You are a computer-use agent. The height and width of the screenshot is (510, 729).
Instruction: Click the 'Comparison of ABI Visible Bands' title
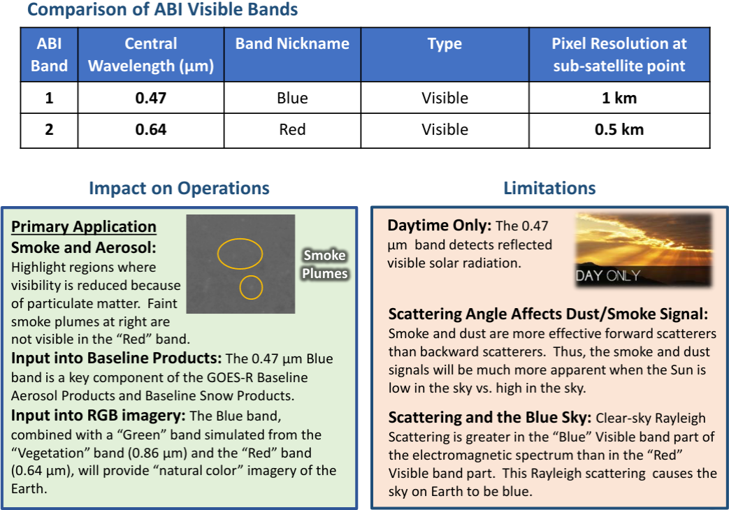pyautogui.click(x=162, y=10)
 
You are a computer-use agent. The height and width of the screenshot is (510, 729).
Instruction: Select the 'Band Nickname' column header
pyautogui.click(x=292, y=43)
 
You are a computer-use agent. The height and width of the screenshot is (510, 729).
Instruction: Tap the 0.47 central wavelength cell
pyautogui.click(x=150, y=98)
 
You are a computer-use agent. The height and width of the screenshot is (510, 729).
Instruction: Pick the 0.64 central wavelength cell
pyautogui.click(x=150, y=130)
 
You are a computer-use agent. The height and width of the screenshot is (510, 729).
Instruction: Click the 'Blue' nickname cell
pyautogui.click(x=292, y=98)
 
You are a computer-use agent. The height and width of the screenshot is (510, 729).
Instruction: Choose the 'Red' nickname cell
pyautogui.click(x=292, y=130)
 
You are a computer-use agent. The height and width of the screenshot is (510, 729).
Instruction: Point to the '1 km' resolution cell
pyautogui.click(x=619, y=98)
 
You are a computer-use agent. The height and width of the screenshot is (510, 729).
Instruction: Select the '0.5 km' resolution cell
pyautogui.click(x=619, y=130)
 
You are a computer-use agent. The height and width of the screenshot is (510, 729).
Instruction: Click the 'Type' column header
pyautogui.click(x=445, y=43)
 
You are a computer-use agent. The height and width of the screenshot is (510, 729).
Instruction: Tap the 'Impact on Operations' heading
pyautogui.click(x=179, y=188)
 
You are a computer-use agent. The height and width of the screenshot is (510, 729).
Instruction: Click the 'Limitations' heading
pyautogui.click(x=549, y=188)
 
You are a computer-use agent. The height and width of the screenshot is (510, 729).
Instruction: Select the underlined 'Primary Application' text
pyautogui.click(x=84, y=226)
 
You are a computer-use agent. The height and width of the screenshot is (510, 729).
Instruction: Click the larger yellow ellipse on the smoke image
pyautogui.click(x=240, y=253)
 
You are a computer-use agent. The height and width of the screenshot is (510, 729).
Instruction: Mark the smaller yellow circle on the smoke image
pyautogui.click(x=250, y=287)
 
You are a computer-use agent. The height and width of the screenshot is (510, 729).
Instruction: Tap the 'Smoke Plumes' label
pyautogui.click(x=324, y=264)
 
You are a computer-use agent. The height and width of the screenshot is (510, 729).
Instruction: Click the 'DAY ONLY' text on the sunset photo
pyautogui.click(x=607, y=275)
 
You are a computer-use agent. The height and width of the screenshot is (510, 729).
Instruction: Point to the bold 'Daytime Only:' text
pyautogui.click(x=440, y=226)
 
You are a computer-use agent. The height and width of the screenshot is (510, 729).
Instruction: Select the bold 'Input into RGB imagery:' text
pyautogui.click(x=98, y=416)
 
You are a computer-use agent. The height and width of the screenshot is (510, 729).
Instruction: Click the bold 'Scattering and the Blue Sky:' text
pyautogui.click(x=490, y=418)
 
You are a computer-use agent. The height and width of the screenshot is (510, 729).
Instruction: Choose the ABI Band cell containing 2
pyautogui.click(x=49, y=130)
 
